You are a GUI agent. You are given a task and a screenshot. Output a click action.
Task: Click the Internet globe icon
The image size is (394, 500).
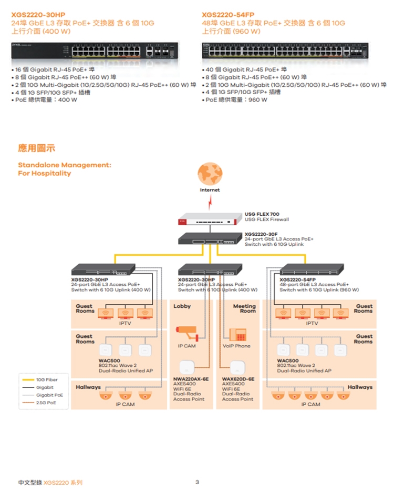coord(209,174)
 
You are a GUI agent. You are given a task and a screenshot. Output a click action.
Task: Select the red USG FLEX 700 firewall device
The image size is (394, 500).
coord(209,217)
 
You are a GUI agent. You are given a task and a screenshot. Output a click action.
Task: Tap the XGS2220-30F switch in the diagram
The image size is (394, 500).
coord(209,238)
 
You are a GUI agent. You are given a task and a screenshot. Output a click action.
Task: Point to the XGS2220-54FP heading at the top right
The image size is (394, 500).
coord(229,15)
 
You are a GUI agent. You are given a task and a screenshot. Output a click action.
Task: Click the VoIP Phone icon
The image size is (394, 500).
coord(237,335)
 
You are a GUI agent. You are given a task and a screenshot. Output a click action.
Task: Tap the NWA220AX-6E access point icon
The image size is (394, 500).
coord(187,367)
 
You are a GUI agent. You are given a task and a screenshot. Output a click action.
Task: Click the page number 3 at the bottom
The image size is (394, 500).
coord(197,482)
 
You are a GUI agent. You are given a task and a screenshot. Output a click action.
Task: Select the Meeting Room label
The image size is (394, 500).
coord(244,308)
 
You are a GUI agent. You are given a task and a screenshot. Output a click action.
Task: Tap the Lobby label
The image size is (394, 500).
coord(182,306)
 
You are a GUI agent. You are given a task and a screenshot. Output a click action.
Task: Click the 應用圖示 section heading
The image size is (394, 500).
coord(36,149)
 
